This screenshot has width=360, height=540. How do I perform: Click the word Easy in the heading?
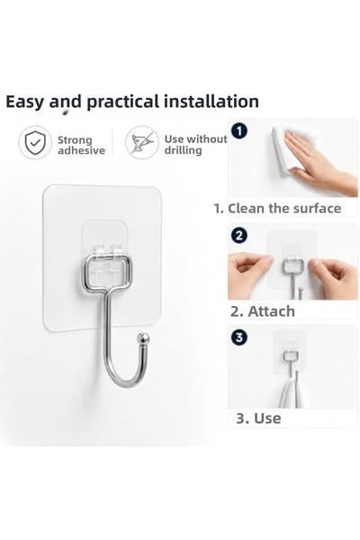click(25, 102)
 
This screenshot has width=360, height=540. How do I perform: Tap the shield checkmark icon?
click(35, 143)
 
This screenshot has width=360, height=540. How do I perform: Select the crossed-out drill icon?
click(142, 142)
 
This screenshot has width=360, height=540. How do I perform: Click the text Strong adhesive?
click(81, 145)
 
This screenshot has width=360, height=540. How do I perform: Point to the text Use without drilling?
click(195, 144)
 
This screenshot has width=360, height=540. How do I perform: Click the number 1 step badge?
click(239, 131)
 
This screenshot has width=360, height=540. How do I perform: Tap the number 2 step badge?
click(239, 235)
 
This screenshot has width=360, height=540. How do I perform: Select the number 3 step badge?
click(239, 337)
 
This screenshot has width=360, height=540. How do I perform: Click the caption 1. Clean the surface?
click(277, 209)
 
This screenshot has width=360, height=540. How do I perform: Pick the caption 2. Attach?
click(263, 311)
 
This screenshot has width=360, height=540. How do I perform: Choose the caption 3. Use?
click(258, 418)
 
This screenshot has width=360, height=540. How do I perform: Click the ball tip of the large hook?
click(142, 338)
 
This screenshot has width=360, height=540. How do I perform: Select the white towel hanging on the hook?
click(292, 392)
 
